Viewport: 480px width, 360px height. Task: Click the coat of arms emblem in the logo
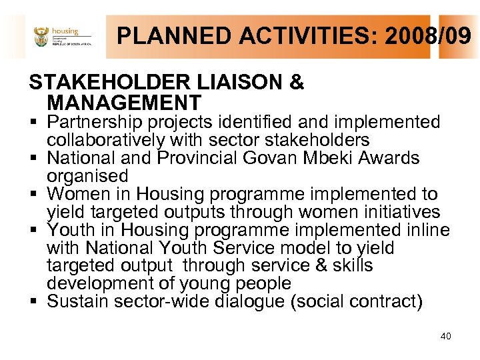[x=41, y=37]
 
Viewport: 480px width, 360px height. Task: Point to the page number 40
[x=445, y=336]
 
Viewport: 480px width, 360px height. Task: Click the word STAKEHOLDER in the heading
[x=108, y=83]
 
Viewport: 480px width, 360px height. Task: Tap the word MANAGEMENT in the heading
[x=124, y=103]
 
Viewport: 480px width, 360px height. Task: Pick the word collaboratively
[x=105, y=140]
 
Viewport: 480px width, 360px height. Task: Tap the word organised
[x=87, y=176]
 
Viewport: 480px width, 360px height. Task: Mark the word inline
[x=425, y=230]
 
